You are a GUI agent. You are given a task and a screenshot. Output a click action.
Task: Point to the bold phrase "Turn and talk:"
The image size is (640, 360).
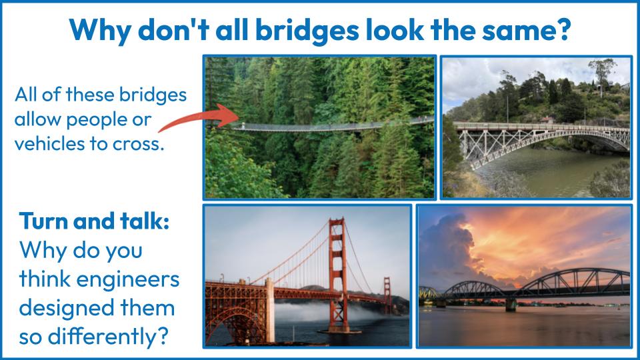[x=94, y=221]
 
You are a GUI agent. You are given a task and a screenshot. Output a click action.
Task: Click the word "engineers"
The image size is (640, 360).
[x=128, y=280]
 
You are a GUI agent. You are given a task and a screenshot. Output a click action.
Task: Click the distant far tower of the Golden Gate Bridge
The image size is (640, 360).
[x=387, y=295]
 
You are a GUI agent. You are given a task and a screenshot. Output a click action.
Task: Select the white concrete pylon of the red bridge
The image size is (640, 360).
[x=269, y=310]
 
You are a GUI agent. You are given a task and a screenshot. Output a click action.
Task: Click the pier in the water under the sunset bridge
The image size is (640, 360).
[x=511, y=305]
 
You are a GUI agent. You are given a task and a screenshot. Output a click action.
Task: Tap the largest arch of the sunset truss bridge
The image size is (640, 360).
[x=576, y=281]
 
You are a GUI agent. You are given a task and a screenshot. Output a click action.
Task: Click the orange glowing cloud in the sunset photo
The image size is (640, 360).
[x=547, y=245]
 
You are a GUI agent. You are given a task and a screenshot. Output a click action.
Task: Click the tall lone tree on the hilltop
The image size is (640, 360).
[x=601, y=75]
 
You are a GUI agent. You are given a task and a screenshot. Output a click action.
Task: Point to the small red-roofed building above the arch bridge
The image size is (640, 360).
[x=547, y=119]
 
